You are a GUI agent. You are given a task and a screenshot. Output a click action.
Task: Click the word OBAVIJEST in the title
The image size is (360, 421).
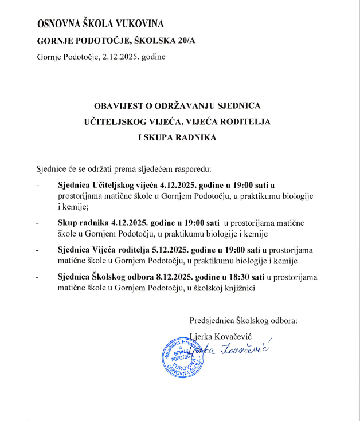click(119, 106)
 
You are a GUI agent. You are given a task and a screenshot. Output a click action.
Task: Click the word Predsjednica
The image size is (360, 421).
click(213, 321)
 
